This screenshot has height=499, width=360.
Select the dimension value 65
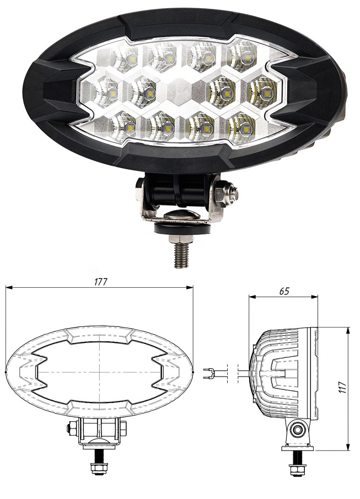coord(283,292)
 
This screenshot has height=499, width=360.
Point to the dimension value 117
coord(342,384)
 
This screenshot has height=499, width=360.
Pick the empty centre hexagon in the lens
coord(181,88)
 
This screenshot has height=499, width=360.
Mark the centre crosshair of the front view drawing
coord(100,372)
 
